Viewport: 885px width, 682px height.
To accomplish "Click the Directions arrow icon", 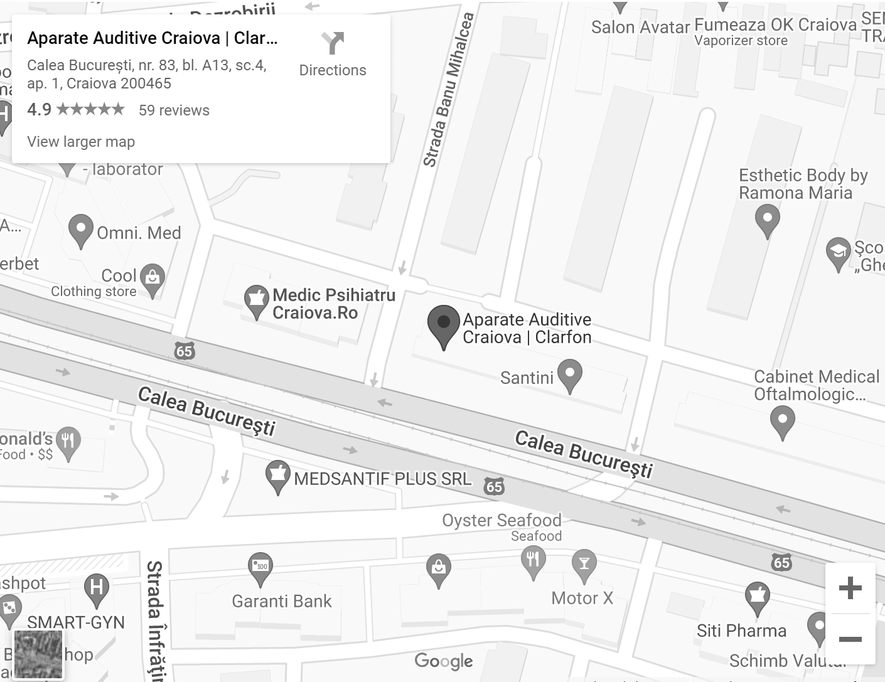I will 333,43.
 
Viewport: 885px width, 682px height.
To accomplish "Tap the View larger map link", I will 81,142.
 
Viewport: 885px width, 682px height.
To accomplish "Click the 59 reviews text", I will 174,110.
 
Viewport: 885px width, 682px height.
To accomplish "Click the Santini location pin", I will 569,375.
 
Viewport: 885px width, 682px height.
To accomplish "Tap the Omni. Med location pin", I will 80,230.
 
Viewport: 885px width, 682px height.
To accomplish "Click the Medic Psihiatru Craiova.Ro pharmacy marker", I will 256,301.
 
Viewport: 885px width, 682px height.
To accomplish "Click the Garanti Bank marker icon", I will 260,568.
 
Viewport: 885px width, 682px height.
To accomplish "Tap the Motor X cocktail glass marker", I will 584,565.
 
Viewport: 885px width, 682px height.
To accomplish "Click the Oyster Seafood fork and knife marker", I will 533,560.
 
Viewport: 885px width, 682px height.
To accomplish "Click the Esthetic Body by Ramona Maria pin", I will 767,221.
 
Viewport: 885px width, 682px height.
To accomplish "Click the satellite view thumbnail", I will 38,654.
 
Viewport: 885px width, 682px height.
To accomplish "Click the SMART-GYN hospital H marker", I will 97,589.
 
